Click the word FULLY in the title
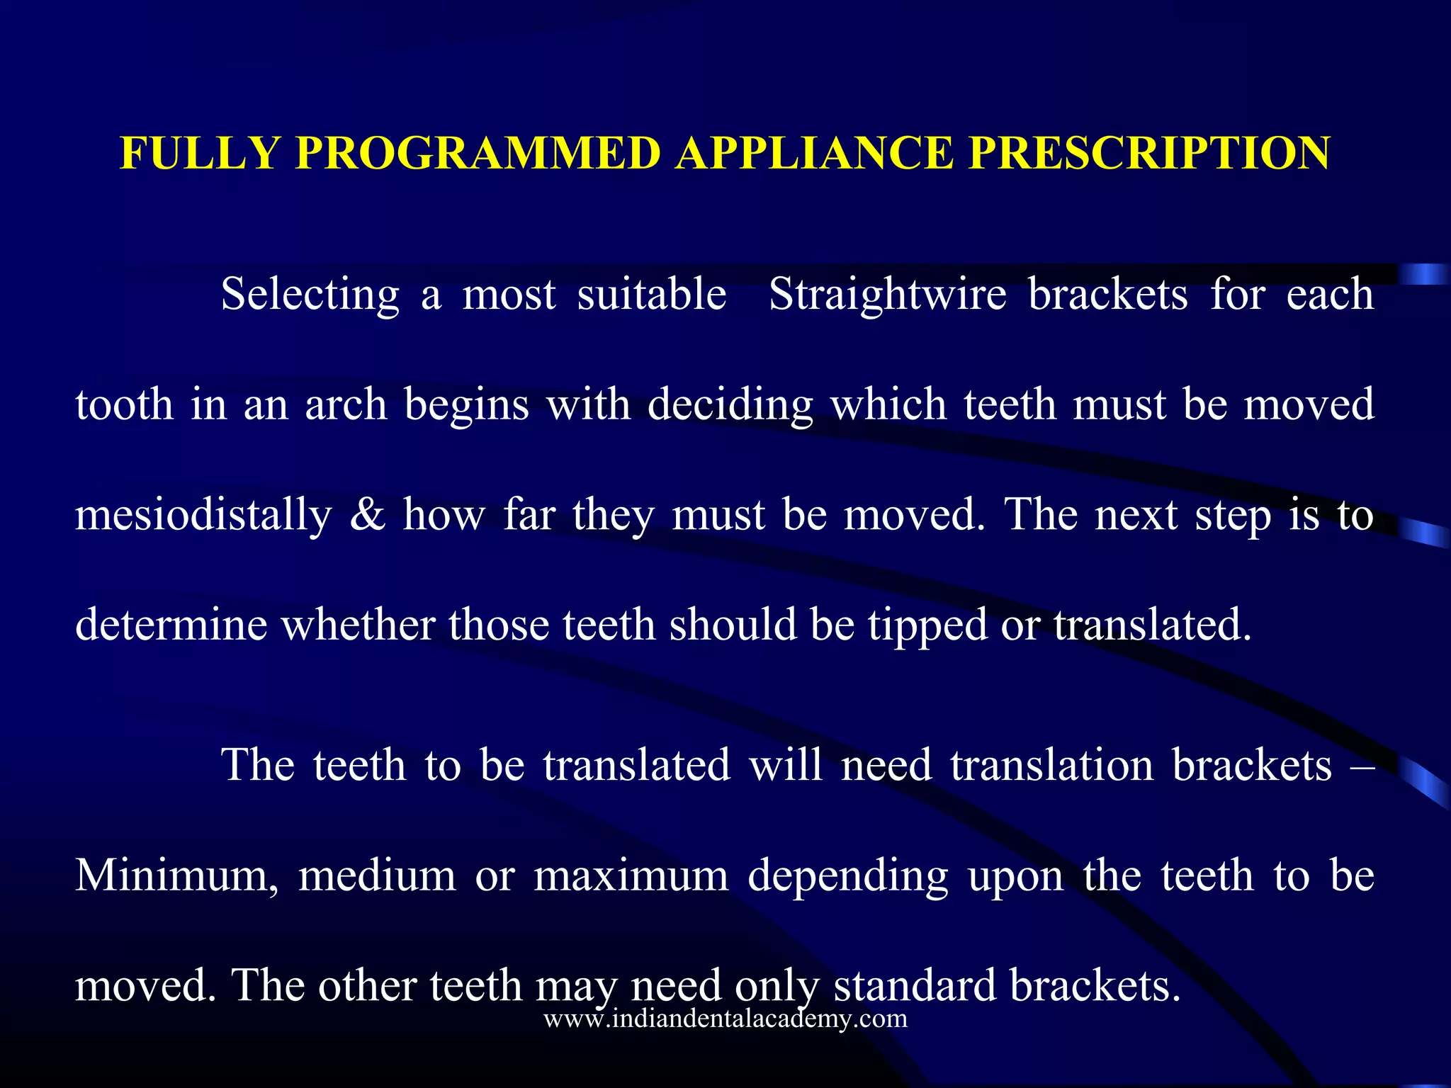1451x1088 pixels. [201, 153]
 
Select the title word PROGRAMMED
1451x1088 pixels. [478, 153]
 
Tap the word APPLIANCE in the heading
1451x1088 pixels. [814, 153]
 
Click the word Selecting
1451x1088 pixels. [310, 295]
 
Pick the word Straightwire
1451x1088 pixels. [888, 295]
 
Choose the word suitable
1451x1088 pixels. [652, 295]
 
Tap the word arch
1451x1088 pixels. [346, 405]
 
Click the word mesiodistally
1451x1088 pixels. [203, 516]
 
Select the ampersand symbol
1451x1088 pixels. [368, 514]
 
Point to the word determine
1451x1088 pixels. [171, 625]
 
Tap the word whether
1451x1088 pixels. [358, 625]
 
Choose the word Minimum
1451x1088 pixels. [176, 875]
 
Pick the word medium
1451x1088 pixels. [377, 875]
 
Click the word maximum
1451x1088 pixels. [631, 875]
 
